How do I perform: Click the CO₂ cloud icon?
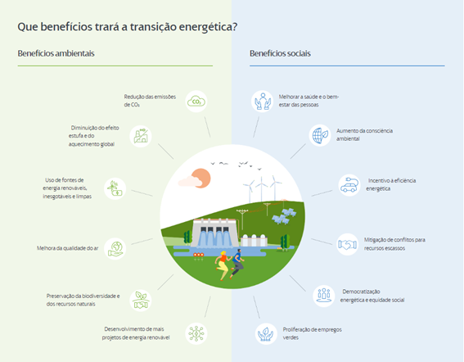196,102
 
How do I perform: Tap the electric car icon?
349,185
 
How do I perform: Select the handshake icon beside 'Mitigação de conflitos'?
348,244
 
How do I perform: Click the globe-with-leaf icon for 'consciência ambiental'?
320,135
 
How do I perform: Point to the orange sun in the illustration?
201,178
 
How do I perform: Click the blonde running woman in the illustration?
223,265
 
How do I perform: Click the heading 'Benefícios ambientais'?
56,53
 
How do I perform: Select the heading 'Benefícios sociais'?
280,53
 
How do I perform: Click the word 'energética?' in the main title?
209,27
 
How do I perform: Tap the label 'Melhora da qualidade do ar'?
67,248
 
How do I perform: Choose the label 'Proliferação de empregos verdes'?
312,333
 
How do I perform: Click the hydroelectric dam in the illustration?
214,233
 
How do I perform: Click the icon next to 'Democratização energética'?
324,296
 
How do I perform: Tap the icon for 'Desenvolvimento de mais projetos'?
196,333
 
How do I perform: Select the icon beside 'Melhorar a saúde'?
263,102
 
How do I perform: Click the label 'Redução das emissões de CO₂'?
150,101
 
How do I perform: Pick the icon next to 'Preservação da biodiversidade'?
141,301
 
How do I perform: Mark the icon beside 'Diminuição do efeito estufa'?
141,136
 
